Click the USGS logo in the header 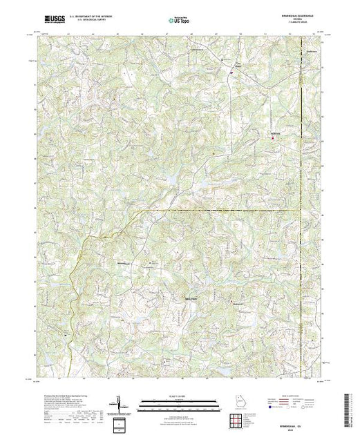(x=53, y=20)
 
